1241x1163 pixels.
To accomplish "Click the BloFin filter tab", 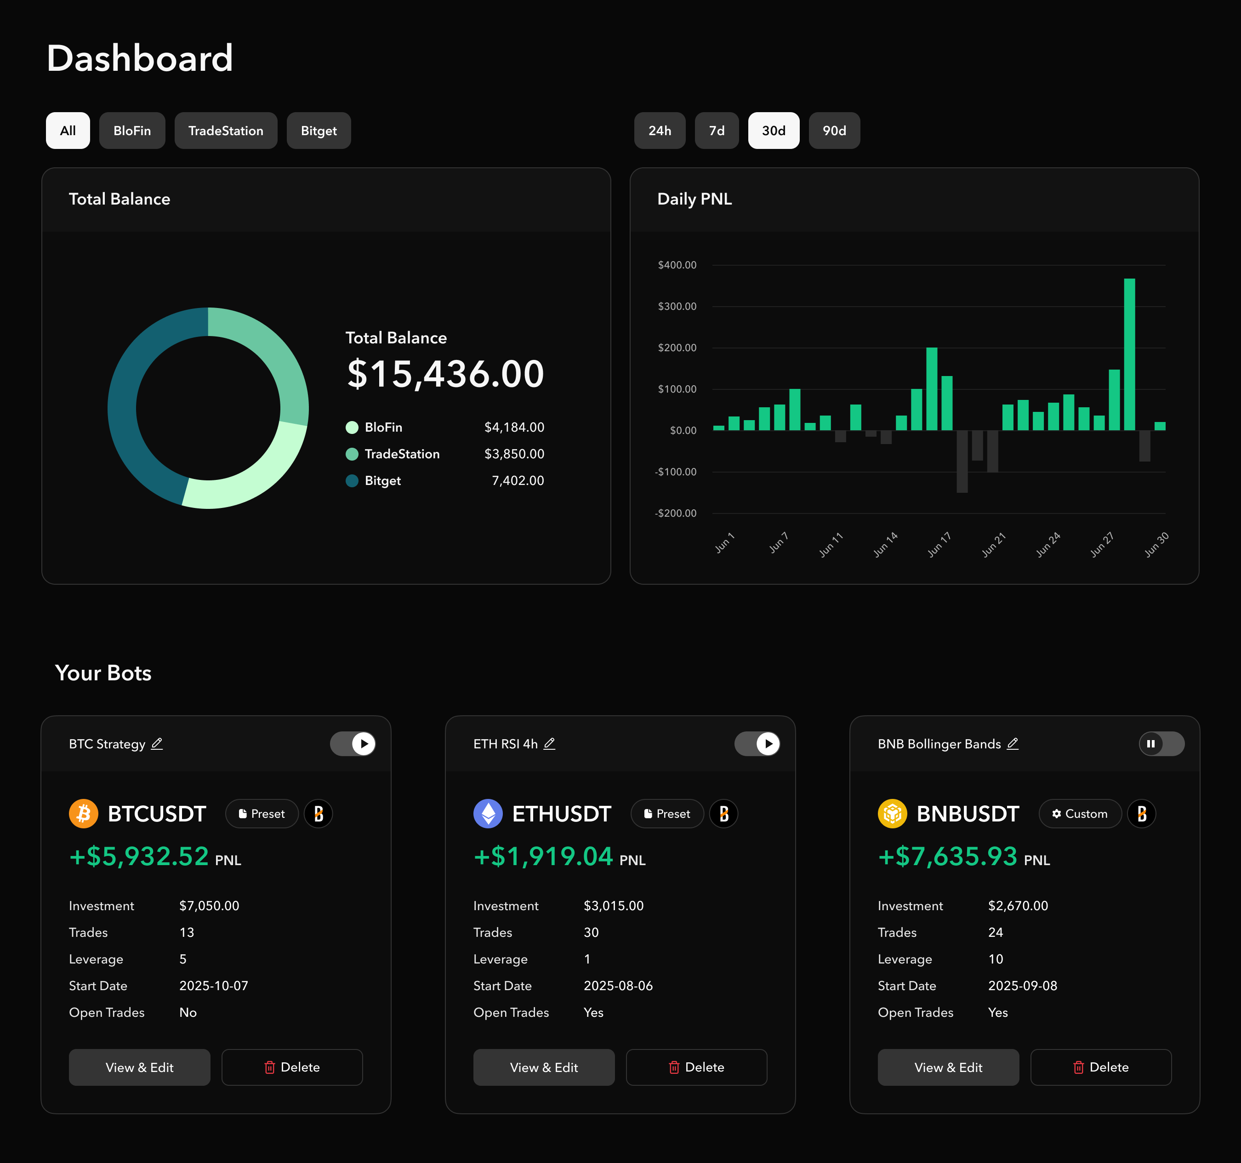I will tap(132, 131).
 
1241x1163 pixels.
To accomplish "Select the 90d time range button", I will tap(834, 131).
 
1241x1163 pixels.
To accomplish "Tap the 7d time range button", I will tap(716, 131).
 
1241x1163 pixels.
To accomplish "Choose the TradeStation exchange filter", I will tap(225, 131).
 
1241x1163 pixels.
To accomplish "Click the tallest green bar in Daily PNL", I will tap(1129, 354).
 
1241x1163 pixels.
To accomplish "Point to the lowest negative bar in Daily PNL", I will tap(962, 462).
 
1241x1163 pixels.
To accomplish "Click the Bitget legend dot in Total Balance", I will tap(352, 481).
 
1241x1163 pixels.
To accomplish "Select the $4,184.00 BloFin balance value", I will tap(514, 428).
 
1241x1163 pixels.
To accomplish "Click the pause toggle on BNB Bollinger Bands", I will tap(1161, 743).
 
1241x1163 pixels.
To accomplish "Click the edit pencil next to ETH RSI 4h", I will tap(549, 743).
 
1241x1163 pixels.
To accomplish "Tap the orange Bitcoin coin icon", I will tap(84, 814).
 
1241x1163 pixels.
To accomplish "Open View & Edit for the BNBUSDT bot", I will tap(948, 1067).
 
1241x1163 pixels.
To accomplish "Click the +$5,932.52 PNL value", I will tap(139, 856).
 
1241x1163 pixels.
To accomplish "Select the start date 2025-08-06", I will tap(617, 986).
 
